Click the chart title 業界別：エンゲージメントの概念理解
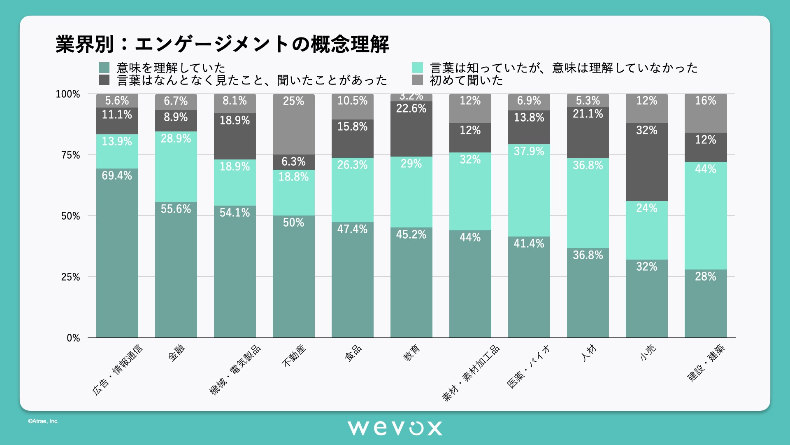pos(222,44)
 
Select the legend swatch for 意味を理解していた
pos(104,68)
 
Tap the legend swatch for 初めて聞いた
pos(417,80)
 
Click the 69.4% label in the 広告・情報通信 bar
pos(117,176)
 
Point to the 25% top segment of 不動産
pos(293,124)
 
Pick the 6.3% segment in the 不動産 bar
pos(293,162)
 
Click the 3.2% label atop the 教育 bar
pos(411,96)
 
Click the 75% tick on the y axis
pos(70,155)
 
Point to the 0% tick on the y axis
pos(73,338)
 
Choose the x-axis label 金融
pos(177,353)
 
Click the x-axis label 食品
pos(353,353)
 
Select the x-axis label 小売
pos(648,353)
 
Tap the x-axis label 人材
pos(589,353)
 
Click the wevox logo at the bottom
pos(395,428)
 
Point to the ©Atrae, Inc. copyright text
pos(43,421)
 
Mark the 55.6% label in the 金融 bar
pos(176,209)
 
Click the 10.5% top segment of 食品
pos(352,106)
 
